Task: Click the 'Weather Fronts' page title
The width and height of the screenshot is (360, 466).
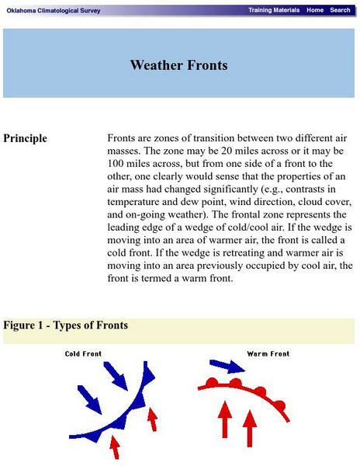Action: tap(179, 65)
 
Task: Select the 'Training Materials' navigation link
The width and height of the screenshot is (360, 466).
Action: tap(274, 10)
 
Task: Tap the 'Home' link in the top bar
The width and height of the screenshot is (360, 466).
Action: tap(315, 10)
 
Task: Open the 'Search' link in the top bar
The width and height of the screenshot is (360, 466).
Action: tap(340, 10)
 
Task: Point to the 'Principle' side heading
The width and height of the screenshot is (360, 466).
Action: tap(26, 139)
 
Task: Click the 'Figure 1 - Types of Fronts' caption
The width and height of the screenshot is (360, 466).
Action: tap(67, 325)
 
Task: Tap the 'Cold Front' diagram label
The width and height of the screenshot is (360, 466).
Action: tap(83, 354)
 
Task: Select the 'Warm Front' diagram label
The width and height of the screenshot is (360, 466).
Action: tap(268, 354)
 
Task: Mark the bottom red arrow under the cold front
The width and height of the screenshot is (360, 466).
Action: tap(116, 446)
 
